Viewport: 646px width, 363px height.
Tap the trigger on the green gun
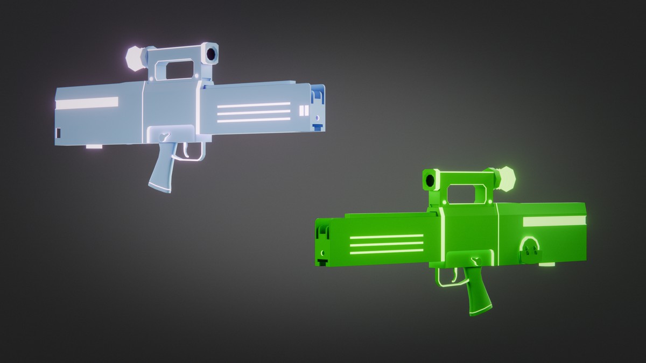(x=455, y=276)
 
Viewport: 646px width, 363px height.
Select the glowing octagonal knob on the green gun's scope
(x=506, y=179)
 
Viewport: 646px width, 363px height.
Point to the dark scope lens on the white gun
(x=211, y=53)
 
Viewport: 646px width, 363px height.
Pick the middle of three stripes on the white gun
(x=253, y=112)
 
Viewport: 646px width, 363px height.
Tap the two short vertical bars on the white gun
(x=303, y=111)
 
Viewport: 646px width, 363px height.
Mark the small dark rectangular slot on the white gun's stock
(x=59, y=132)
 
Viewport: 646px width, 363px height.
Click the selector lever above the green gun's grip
(x=475, y=260)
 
